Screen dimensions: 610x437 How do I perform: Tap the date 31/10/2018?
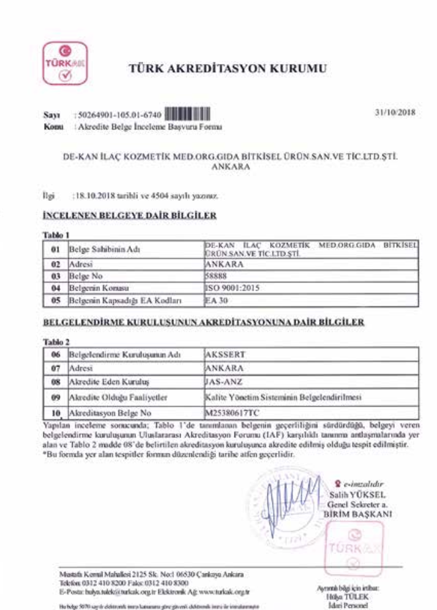[x=397, y=114]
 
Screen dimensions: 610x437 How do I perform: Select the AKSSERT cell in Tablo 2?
[x=222, y=353]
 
